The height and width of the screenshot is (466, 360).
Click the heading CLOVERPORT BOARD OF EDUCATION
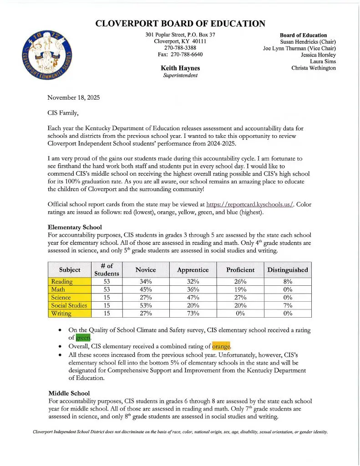point(180,24)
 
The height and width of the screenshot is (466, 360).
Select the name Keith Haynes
point(180,68)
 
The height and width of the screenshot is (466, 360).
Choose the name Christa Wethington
point(314,68)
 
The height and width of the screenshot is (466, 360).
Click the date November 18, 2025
point(73,97)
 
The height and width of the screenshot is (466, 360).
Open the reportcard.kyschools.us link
point(250,204)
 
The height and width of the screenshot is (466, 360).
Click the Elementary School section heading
point(75,227)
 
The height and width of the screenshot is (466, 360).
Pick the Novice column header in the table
point(146,269)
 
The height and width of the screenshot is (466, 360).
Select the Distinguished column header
point(287,269)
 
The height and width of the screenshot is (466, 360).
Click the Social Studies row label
point(69,305)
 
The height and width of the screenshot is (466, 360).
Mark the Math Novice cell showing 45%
point(146,289)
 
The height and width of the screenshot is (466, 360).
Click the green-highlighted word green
point(83,337)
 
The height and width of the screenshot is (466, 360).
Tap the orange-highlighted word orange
point(221,345)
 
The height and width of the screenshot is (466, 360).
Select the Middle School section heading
point(69,393)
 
